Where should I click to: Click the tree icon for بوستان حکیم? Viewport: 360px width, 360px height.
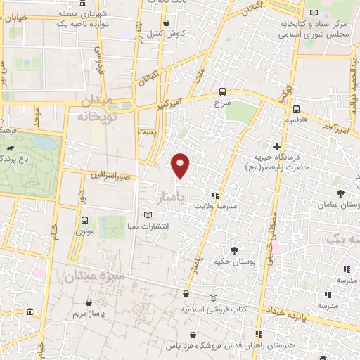pyautogui.click(x=234, y=250)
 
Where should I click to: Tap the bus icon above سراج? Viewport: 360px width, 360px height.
pyautogui.click(x=223, y=91)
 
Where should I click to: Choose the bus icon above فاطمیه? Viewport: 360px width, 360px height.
pyautogui.click(x=296, y=109)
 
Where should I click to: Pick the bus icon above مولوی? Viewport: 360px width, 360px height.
pyautogui.click(x=85, y=218)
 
